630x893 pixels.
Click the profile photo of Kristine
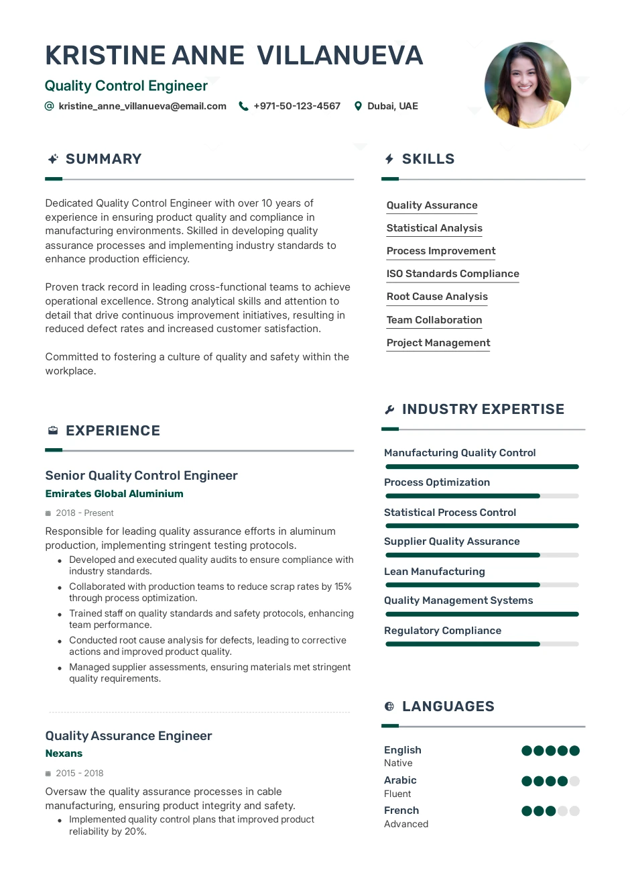tap(527, 85)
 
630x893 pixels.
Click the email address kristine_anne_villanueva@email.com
tap(142, 106)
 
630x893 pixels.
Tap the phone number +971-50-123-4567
tap(297, 106)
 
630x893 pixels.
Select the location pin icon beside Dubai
tap(359, 106)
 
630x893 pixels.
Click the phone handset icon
tap(243, 106)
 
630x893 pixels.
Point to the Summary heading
tap(103, 159)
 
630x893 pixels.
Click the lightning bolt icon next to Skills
tap(389, 159)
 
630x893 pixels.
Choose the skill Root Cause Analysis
tap(437, 297)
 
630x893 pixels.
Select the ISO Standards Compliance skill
tap(452, 274)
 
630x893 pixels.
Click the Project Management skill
tap(438, 343)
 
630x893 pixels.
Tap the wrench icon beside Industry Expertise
tap(389, 409)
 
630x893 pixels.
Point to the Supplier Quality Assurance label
tap(452, 541)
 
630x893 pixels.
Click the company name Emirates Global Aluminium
tap(114, 494)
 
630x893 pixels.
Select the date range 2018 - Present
tap(84, 513)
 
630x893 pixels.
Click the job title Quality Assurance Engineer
tap(129, 736)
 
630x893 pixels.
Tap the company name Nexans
tap(64, 753)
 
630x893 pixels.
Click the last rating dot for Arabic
tap(574, 781)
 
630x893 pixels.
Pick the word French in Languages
tap(401, 810)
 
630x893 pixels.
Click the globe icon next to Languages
tap(389, 706)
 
